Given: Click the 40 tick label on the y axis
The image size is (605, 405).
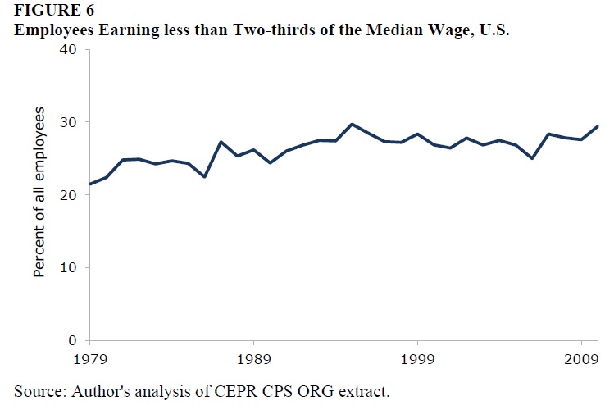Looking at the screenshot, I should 67,50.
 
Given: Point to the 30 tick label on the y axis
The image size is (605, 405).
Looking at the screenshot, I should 67,122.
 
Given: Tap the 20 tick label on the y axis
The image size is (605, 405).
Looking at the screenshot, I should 67,195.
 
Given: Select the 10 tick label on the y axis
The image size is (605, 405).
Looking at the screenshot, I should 67,268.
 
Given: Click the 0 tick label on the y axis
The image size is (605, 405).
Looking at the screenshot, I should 72,340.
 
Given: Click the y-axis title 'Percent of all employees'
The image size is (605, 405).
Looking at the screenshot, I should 39,192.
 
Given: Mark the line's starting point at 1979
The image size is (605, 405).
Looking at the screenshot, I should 90,184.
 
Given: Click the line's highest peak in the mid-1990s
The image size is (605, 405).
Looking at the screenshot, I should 352,125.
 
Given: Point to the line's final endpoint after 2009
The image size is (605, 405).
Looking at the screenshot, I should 598,126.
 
